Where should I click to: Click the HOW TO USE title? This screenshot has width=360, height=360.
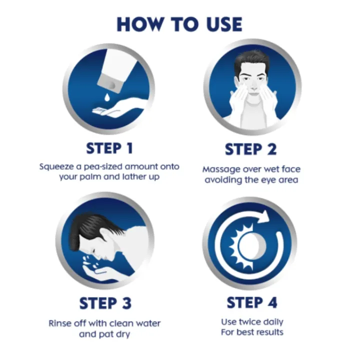pyautogui.click(x=179, y=24)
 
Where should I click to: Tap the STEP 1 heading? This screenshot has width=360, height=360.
pyautogui.click(x=110, y=148)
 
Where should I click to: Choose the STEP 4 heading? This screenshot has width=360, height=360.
pyautogui.click(x=252, y=302)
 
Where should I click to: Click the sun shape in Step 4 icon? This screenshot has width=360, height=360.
pyautogui.click(x=244, y=245)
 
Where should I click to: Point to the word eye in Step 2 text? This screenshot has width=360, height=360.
pyautogui.click(x=269, y=180)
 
